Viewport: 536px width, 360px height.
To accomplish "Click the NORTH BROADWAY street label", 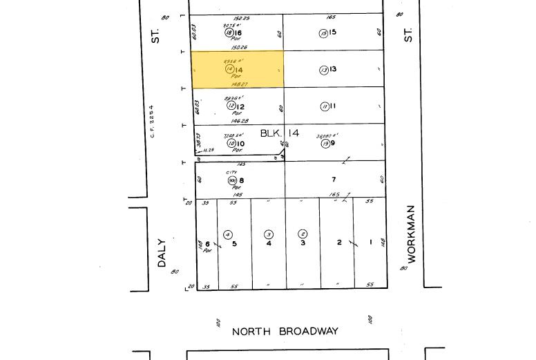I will (285, 332).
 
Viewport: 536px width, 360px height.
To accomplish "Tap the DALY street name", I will (162, 253).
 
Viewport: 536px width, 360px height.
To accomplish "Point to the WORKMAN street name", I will (412, 234).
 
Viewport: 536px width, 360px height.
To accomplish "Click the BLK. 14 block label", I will (280, 133).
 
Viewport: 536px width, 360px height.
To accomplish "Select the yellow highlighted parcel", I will (237, 69).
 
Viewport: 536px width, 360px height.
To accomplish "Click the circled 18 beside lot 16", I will (229, 32).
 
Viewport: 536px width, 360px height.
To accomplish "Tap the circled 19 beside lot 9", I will (325, 144).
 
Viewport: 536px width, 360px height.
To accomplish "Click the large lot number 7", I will (334, 180).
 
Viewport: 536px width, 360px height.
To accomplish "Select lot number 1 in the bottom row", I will (371, 243).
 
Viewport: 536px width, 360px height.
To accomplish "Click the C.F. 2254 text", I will (152, 122).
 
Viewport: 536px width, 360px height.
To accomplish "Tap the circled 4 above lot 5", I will (228, 235).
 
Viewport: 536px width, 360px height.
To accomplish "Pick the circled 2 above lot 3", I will (302, 234).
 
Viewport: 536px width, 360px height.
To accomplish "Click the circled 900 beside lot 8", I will (232, 180).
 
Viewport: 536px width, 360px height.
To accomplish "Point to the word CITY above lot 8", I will (231, 173).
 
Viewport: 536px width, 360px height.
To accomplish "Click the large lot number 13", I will (332, 70).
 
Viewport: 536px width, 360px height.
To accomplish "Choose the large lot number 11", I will (332, 106).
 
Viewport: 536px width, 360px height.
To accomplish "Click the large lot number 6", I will (207, 245).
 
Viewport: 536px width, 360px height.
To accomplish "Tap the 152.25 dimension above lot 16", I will (241, 18).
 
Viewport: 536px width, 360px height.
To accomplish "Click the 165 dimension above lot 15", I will (330, 18).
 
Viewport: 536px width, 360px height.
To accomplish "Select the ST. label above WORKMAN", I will (408, 35).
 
